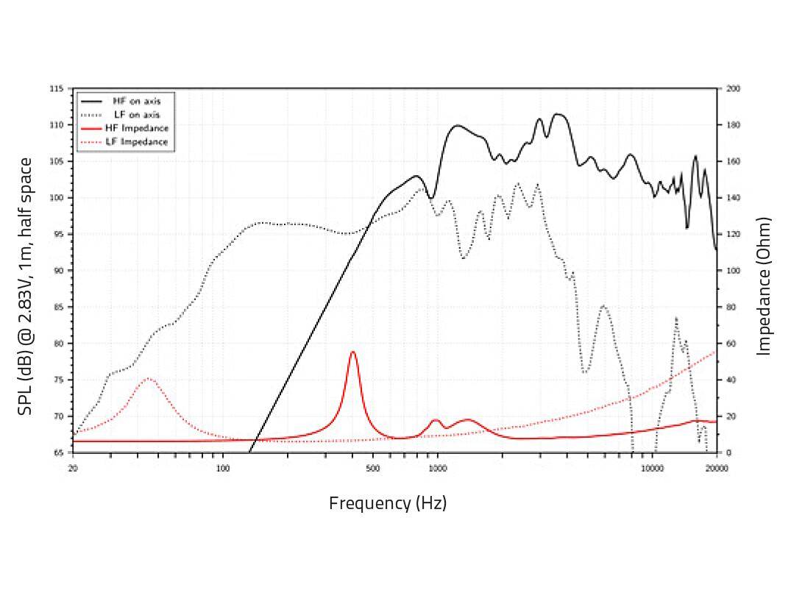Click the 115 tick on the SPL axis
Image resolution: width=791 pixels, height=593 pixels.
[56, 89]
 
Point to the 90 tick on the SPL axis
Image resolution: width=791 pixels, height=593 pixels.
[58, 271]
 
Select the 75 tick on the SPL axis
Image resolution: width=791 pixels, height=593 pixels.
[58, 380]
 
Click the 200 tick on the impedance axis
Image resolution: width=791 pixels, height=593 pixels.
[734, 89]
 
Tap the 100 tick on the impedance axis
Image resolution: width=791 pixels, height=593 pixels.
[734, 271]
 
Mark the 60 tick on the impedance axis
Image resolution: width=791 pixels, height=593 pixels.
[732, 344]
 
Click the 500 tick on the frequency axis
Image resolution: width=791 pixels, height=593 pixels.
[372, 468]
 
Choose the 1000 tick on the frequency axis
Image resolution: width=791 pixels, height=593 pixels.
[437, 468]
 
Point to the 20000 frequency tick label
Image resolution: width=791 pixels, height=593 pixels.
[716, 468]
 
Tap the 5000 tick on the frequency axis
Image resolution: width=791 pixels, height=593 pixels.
[587, 468]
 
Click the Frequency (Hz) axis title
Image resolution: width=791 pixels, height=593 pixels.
[388, 503]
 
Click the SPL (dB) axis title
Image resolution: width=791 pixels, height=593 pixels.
[26, 285]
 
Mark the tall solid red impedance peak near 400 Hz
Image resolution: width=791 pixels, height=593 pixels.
[352, 353]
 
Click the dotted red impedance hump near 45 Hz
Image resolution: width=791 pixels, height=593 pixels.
[149, 379]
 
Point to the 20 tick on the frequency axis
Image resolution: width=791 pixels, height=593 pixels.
[72, 468]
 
